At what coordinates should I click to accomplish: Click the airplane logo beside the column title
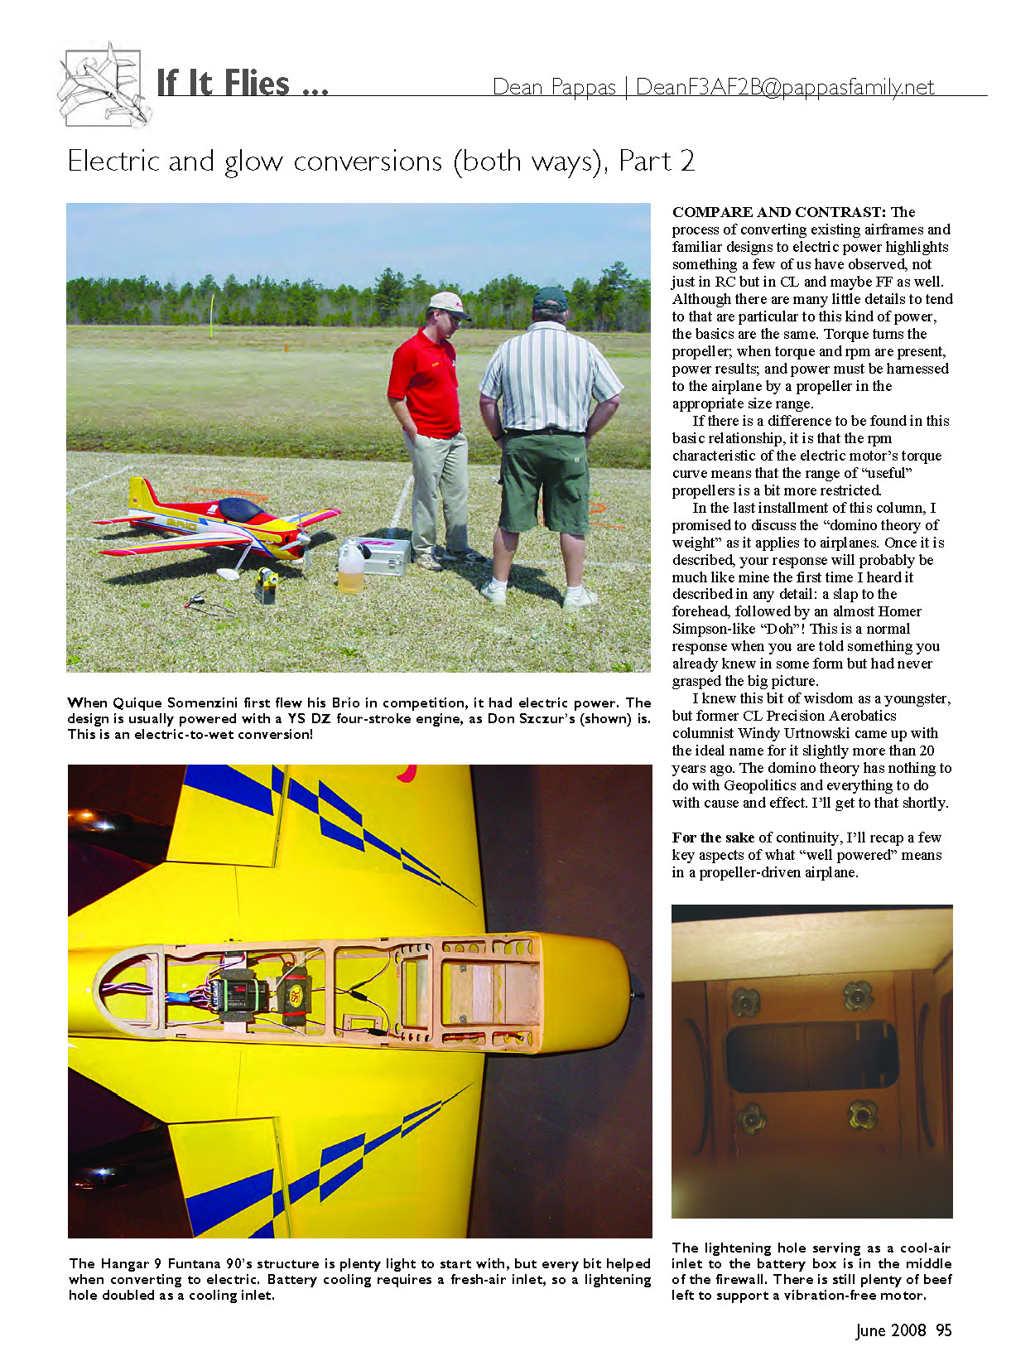[103, 84]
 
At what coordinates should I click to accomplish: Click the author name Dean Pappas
[554, 87]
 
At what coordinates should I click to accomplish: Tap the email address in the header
[785, 87]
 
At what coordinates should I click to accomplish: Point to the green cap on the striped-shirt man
[550, 297]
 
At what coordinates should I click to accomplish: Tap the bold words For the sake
[713, 837]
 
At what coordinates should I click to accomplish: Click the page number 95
[944, 1330]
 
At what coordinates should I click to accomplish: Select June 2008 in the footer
[891, 1330]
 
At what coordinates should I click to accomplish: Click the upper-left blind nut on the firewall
[744, 1001]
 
